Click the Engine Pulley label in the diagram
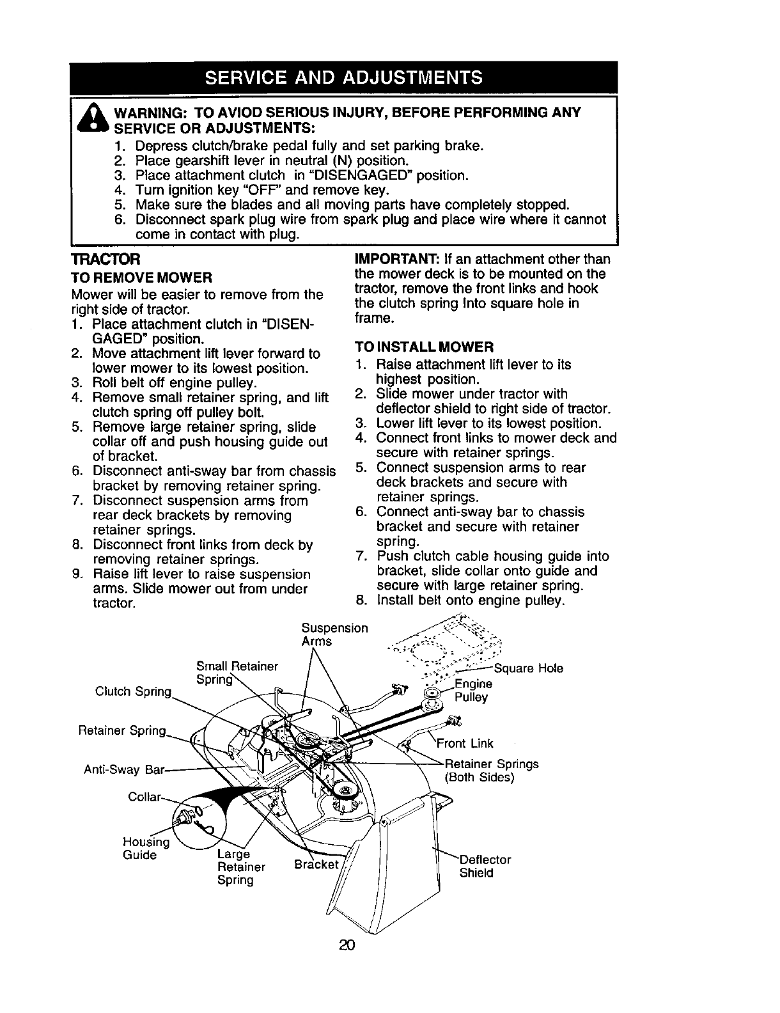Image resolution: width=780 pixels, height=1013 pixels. click(x=473, y=691)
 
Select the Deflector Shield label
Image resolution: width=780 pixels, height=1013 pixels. click(x=485, y=866)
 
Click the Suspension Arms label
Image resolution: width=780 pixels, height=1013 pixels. click(x=334, y=634)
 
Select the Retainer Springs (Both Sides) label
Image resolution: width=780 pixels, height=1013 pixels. click(x=491, y=771)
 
